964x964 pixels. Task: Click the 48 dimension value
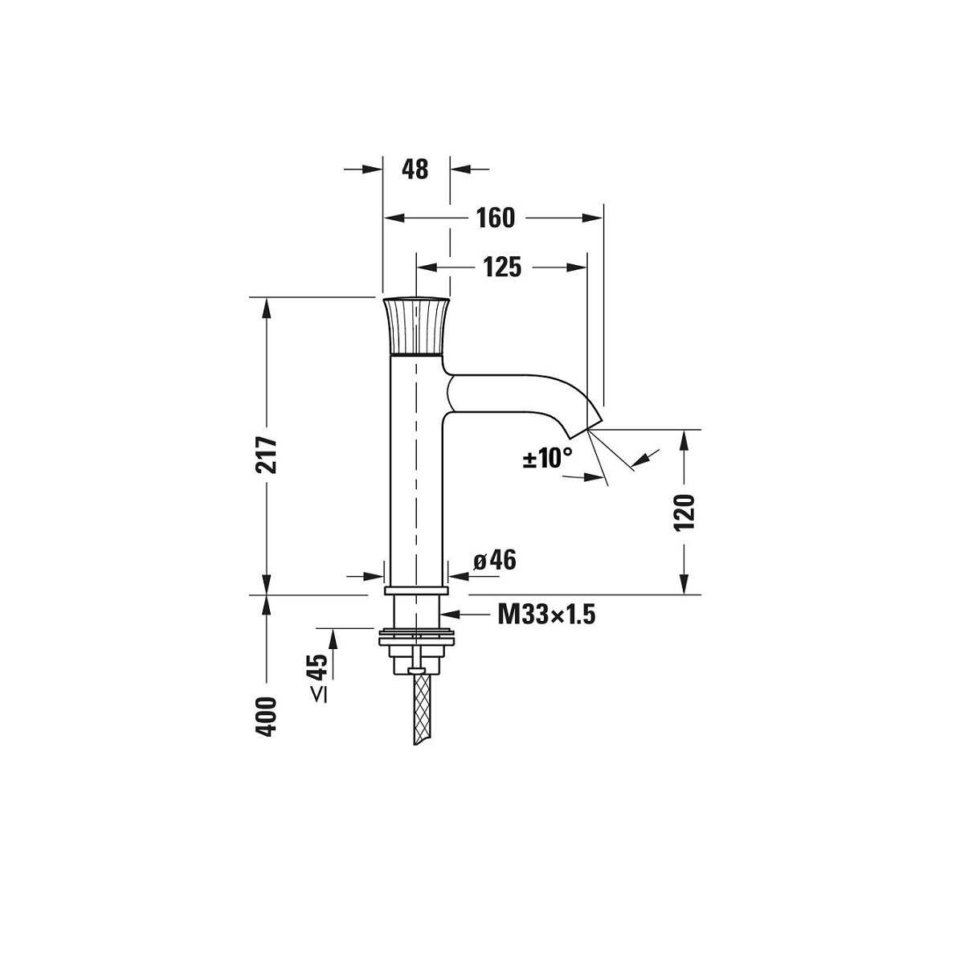point(415,169)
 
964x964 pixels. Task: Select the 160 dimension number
point(495,219)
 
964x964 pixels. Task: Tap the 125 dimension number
point(502,268)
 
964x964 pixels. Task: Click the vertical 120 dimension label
point(685,513)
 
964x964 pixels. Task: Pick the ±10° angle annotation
point(547,458)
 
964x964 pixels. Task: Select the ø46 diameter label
point(495,560)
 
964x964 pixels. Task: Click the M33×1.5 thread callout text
point(546,615)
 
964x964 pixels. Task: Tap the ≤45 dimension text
point(319,677)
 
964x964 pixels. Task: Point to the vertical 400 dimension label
point(266,717)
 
